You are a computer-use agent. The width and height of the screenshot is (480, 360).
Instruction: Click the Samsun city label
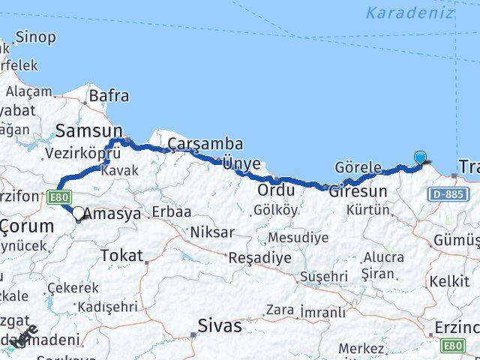click(x=83, y=131)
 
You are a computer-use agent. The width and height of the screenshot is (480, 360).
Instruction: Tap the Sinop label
click(x=35, y=37)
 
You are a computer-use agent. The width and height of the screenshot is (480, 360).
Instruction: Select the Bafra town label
click(x=109, y=96)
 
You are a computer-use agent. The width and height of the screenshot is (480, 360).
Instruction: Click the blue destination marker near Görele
click(x=421, y=157)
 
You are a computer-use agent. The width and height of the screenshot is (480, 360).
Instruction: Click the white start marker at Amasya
click(x=78, y=213)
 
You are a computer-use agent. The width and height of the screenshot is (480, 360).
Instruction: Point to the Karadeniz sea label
click(x=410, y=13)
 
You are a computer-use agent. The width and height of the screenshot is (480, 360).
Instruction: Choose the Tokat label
click(x=121, y=256)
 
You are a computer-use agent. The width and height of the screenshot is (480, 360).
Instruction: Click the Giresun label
click(x=363, y=191)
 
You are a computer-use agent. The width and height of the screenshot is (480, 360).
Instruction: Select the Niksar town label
click(x=212, y=232)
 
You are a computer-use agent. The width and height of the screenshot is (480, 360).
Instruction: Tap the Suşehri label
click(x=324, y=277)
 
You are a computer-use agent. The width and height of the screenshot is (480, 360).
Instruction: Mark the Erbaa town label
click(x=171, y=212)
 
